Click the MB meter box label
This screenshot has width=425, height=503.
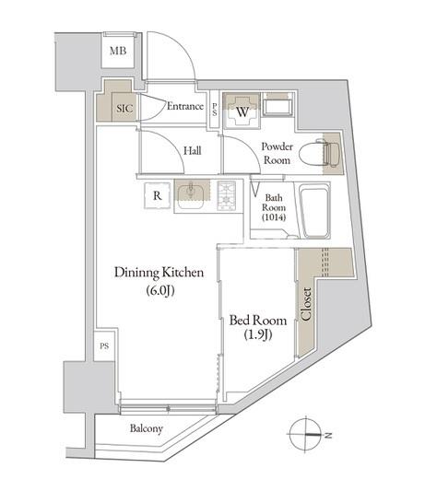(118, 52)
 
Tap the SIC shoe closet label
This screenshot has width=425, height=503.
(124, 107)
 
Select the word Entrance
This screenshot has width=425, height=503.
(184, 106)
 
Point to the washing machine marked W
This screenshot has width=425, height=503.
(242, 111)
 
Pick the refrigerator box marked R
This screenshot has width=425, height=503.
(158, 194)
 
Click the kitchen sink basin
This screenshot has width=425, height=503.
(193, 193)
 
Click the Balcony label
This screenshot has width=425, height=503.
(147, 429)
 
